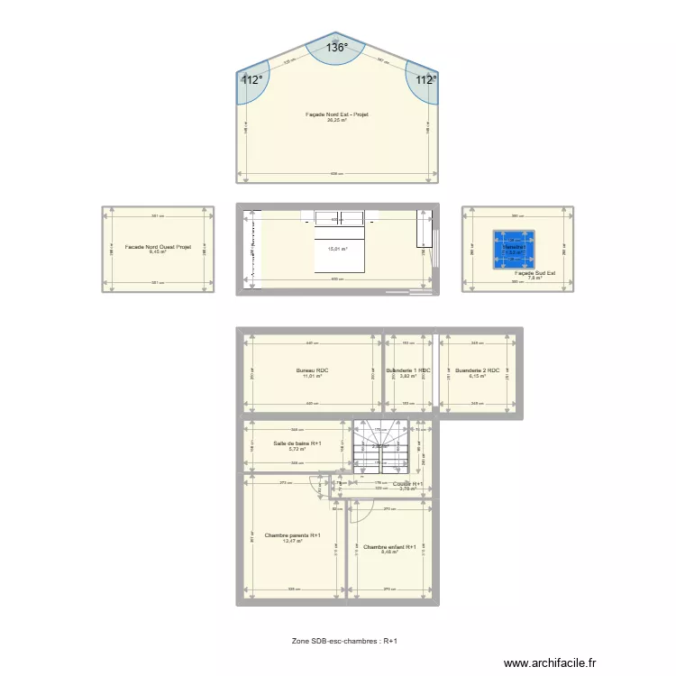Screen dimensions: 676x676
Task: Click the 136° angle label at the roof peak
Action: point(336,49)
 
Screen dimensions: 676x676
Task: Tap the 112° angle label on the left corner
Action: point(251,79)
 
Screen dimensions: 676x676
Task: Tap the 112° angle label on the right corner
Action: point(425,79)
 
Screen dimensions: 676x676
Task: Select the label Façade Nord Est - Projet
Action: point(337,114)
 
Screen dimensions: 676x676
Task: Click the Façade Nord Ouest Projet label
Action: point(159,246)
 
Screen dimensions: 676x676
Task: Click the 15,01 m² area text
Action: point(337,250)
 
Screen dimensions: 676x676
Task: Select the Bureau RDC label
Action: point(311,370)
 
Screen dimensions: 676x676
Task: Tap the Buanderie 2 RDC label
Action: point(478,370)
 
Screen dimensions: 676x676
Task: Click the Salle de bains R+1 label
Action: point(297,443)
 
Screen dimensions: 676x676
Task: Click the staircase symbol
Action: point(381,446)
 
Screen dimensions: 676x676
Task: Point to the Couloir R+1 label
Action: point(408,483)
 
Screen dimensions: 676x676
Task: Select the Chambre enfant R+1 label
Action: point(389,546)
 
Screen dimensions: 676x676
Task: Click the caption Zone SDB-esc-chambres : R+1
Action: point(344,641)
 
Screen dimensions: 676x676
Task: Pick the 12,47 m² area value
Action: point(293,541)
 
